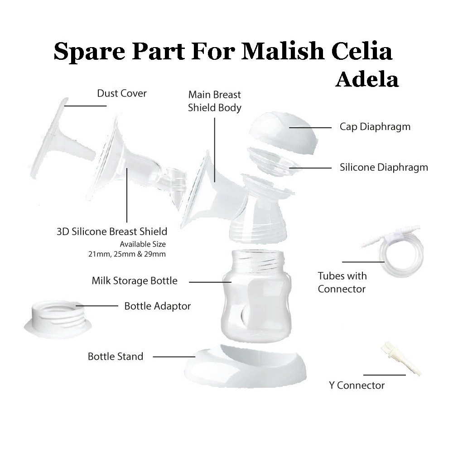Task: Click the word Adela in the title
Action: (367, 80)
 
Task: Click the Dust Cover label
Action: (122, 94)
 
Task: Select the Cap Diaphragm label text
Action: (375, 127)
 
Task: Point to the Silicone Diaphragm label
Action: (384, 168)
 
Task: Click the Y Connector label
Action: (357, 386)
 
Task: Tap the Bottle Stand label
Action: (116, 357)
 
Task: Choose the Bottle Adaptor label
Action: (158, 306)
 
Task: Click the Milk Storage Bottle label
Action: (135, 281)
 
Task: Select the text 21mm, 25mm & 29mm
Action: (127, 254)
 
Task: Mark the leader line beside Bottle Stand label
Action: (174, 357)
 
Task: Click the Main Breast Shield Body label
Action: (215, 101)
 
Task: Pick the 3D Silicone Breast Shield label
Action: (111, 232)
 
